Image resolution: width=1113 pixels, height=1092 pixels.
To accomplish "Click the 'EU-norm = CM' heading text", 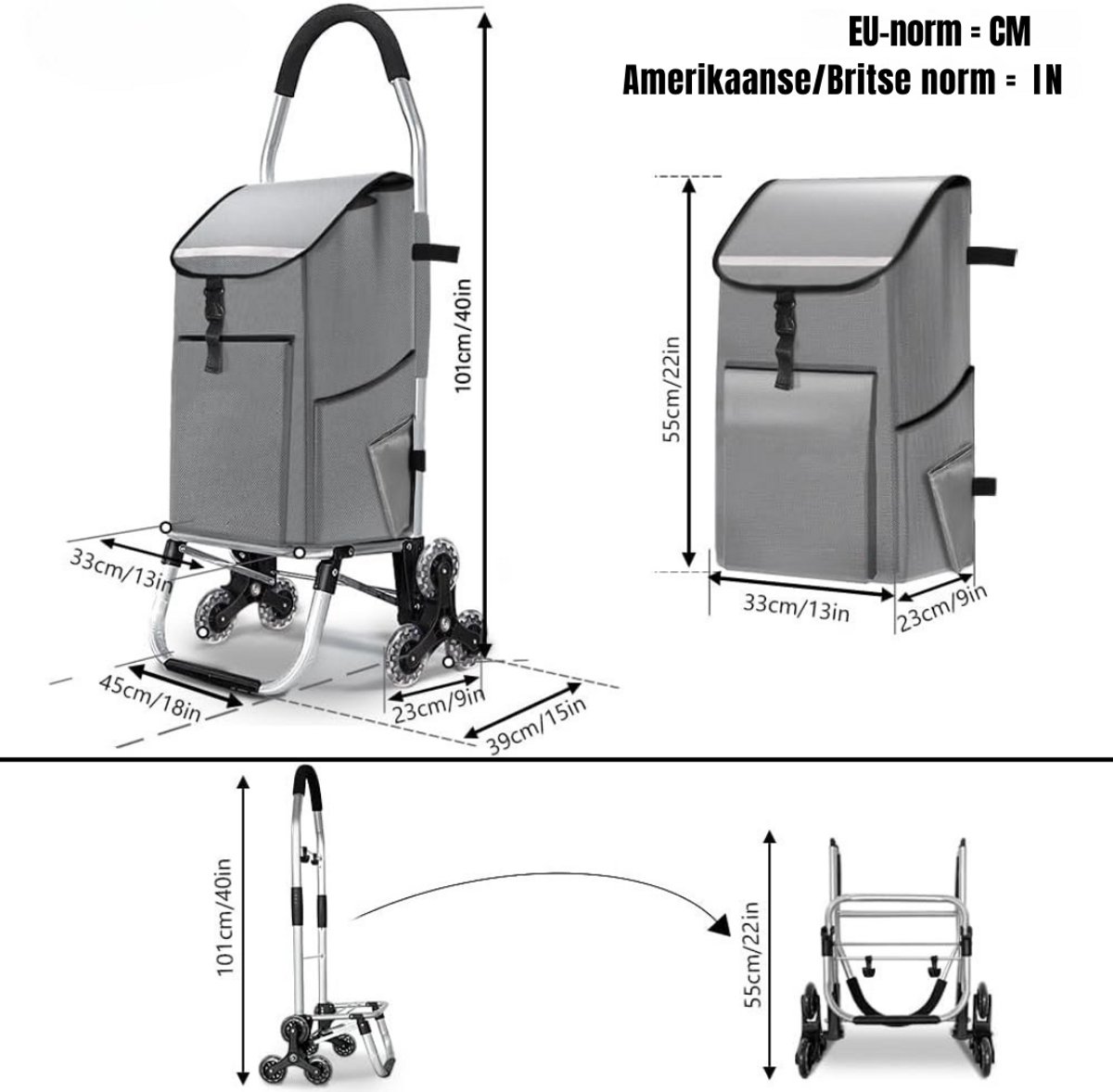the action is point(940,32).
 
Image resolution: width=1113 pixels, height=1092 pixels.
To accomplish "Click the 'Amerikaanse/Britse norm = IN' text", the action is point(842,81).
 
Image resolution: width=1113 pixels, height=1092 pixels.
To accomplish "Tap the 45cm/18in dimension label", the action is point(150,698).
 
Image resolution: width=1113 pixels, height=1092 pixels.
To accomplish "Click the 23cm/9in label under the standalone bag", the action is point(942,607).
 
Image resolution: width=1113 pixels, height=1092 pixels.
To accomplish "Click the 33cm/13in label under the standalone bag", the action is point(796,607).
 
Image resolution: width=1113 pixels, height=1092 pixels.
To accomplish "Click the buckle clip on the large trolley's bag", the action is point(211,300).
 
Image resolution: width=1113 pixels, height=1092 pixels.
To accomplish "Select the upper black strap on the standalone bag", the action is point(992,255).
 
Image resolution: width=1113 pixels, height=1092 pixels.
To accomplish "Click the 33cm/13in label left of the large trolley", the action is point(122,567).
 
